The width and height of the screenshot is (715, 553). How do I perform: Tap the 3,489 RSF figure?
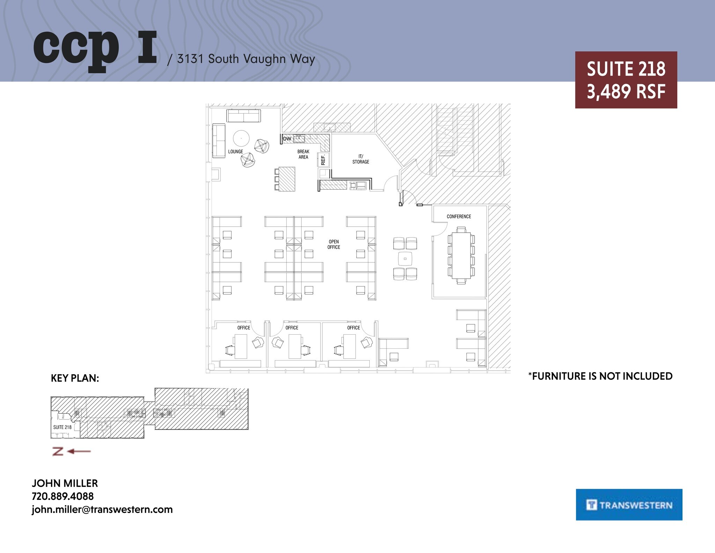(x=626, y=92)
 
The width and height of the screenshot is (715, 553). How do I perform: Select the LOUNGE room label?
(x=236, y=152)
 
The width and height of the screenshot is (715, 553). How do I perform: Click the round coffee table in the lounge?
(x=241, y=138)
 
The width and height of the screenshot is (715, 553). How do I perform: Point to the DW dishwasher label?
(x=287, y=139)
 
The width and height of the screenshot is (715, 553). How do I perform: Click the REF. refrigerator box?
(x=323, y=160)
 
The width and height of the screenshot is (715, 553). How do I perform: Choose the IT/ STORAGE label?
(x=361, y=159)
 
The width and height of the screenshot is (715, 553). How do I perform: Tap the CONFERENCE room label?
(x=459, y=217)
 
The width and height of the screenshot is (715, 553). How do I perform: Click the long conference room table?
(x=461, y=255)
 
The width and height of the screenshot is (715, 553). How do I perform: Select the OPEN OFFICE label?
(x=334, y=244)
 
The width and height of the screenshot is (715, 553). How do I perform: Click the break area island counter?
(x=287, y=179)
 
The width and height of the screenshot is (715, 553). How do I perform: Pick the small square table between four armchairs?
(x=405, y=259)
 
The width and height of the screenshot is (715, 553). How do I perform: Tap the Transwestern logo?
(x=629, y=505)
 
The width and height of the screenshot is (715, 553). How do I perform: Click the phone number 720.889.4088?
(x=63, y=496)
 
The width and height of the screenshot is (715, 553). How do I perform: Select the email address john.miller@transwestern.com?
(x=102, y=509)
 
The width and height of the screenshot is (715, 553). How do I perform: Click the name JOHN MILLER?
(x=65, y=483)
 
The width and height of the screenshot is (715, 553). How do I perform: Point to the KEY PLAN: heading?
(x=75, y=378)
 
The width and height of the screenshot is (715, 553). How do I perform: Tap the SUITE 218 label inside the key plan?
(x=62, y=427)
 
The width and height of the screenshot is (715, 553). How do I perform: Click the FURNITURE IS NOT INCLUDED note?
(x=600, y=376)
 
